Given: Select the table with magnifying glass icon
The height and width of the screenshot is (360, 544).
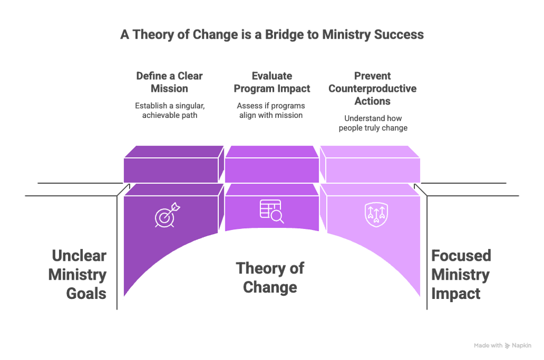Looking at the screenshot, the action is click(x=272, y=211).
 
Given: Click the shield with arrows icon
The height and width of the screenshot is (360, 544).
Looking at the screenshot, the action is click(x=377, y=215).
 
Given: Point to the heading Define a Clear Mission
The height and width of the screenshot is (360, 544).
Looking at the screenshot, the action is click(x=169, y=82).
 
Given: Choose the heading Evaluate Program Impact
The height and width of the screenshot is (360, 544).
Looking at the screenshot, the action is click(x=272, y=82).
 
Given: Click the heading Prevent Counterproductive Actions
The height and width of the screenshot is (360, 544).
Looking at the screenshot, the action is click(x=372, y=89).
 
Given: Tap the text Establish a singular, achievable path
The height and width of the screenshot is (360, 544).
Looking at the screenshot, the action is click(x=169, y=110).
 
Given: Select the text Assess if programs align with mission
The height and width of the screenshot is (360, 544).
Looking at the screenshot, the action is click(x=271, y=110).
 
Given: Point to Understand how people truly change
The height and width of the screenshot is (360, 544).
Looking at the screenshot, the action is click(x=373, y=123).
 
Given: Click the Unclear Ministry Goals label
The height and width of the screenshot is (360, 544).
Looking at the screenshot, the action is click(x=78, y=275).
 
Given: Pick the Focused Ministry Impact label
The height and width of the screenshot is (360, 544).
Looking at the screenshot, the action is click(x=461, y=275).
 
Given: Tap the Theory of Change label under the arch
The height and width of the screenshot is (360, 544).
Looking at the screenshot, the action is click(x=270, y=278).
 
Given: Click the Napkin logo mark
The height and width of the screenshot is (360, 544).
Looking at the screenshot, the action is click(x=507, y=346).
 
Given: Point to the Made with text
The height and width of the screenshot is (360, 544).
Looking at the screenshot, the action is click(x=488, y=346).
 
